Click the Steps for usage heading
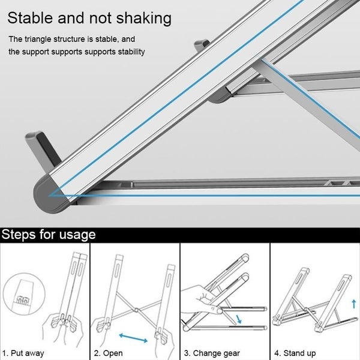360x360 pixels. pyautogui.click(x=49, y=233)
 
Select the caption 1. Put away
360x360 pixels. pyautogui.click(x=23, y=353)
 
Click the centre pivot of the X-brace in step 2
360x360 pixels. pyautogui.click(x=137, y=310)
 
